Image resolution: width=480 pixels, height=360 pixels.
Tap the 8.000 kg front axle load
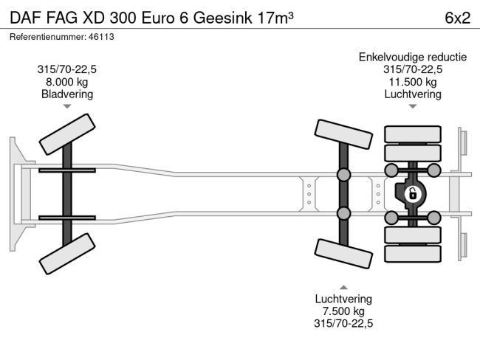[x=66, y=82]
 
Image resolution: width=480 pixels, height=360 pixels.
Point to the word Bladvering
[x=66, y=94]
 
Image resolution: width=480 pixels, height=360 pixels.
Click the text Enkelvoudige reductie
[x=412, y=57]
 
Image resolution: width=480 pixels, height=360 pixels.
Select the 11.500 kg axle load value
[x=412, y=82]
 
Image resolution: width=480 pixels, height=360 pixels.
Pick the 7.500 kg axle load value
[x=343, y=311]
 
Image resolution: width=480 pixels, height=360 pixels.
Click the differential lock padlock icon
[x=413, y=194]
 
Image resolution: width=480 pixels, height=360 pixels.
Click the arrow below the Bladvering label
[x=67, y=107]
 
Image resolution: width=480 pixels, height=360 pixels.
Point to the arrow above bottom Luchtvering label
[x=343, y=286]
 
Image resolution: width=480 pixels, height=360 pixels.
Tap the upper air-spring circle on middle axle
[x=343, y=176]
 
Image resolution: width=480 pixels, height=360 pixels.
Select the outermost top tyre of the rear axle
[x=412, y=134]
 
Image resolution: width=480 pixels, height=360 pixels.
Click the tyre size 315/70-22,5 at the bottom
[x=343, y=323]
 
